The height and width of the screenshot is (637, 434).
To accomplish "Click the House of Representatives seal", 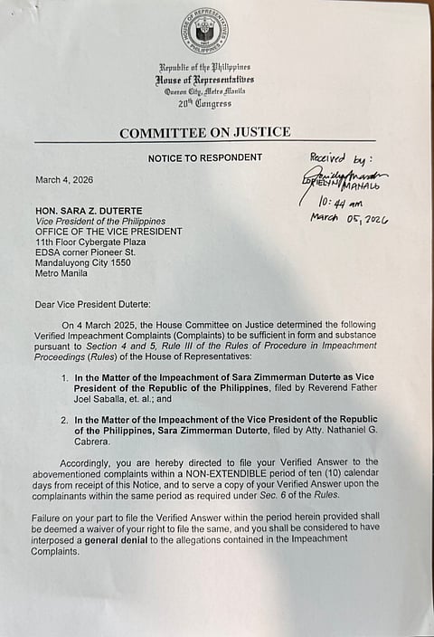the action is click(204, 31).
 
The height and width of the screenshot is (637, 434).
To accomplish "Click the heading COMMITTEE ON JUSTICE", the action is click(205, 132).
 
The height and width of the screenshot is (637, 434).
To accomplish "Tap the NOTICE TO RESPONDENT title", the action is click(205, 157).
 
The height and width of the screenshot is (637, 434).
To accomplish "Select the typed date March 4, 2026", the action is click(66, 178).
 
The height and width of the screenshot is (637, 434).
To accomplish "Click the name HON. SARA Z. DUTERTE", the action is click(92, 211).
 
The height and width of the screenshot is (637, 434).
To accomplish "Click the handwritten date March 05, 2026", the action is click(349, 219).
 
